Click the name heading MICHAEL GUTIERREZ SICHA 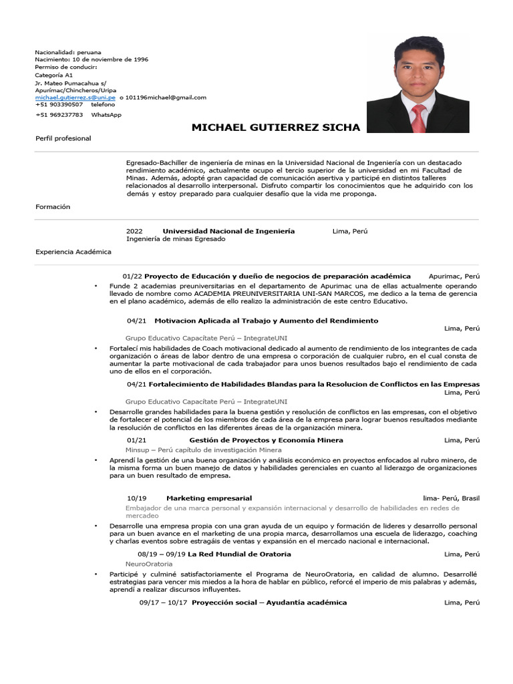click(275, 128)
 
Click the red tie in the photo click(419, 118)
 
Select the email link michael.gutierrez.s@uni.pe click(71, 97)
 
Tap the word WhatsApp click(106, 115)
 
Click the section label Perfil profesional click(63, 138)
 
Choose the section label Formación click(53, 207)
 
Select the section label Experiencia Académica click(73, 252)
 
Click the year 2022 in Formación click(134, 231)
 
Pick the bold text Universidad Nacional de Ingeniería click(228, 231)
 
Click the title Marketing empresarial click(209, 498)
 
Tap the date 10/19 click(136, 498)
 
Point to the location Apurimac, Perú click(454, 276)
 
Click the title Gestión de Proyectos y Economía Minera click(266, 440)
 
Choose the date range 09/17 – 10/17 click(162, 603)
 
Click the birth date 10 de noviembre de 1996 click(110, 59)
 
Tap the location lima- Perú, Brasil click(451, 498)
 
